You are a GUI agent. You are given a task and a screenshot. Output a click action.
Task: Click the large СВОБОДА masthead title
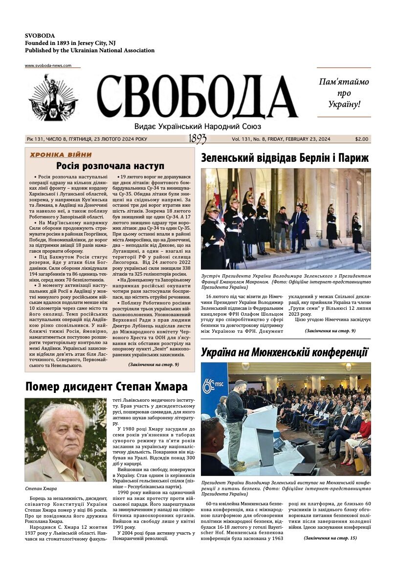pyautogui.click(x=197, y=97)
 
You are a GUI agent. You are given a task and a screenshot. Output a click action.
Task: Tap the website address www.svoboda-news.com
pyautogui.click(x=48, y=65)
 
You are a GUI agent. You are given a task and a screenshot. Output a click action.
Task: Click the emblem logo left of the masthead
pyautogui.click(x=53, y=98)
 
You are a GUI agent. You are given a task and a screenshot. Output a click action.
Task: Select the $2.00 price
pyautogui.click(x=362, y=139)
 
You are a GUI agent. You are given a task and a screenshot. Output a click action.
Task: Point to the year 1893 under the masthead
pyautogui.click(x=198, y=139)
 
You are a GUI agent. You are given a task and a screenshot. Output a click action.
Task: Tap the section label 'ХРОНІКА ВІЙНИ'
pyautogui.click(x=61, y=154)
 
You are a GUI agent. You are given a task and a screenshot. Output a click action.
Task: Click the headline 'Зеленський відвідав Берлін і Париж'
pyautogui.click(x=285, y=158)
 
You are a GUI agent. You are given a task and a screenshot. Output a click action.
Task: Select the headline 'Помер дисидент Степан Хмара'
pyautogui.click(x=107, y=387)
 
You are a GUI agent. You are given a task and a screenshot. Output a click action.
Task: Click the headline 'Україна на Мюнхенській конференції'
pyautogui.click(x=285, y=352)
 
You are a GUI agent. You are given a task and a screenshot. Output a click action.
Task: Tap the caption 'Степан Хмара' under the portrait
pyautogui.click(x=41, y=488)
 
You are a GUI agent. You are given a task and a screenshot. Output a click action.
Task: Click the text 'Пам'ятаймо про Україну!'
pyautogui.click(x=344, y=93)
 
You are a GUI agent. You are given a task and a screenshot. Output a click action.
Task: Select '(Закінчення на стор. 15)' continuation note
pyautogui.click(x=330, y=538)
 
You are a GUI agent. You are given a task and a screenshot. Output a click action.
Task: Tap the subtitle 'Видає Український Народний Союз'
pyautogui.click(x=198, y=127)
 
